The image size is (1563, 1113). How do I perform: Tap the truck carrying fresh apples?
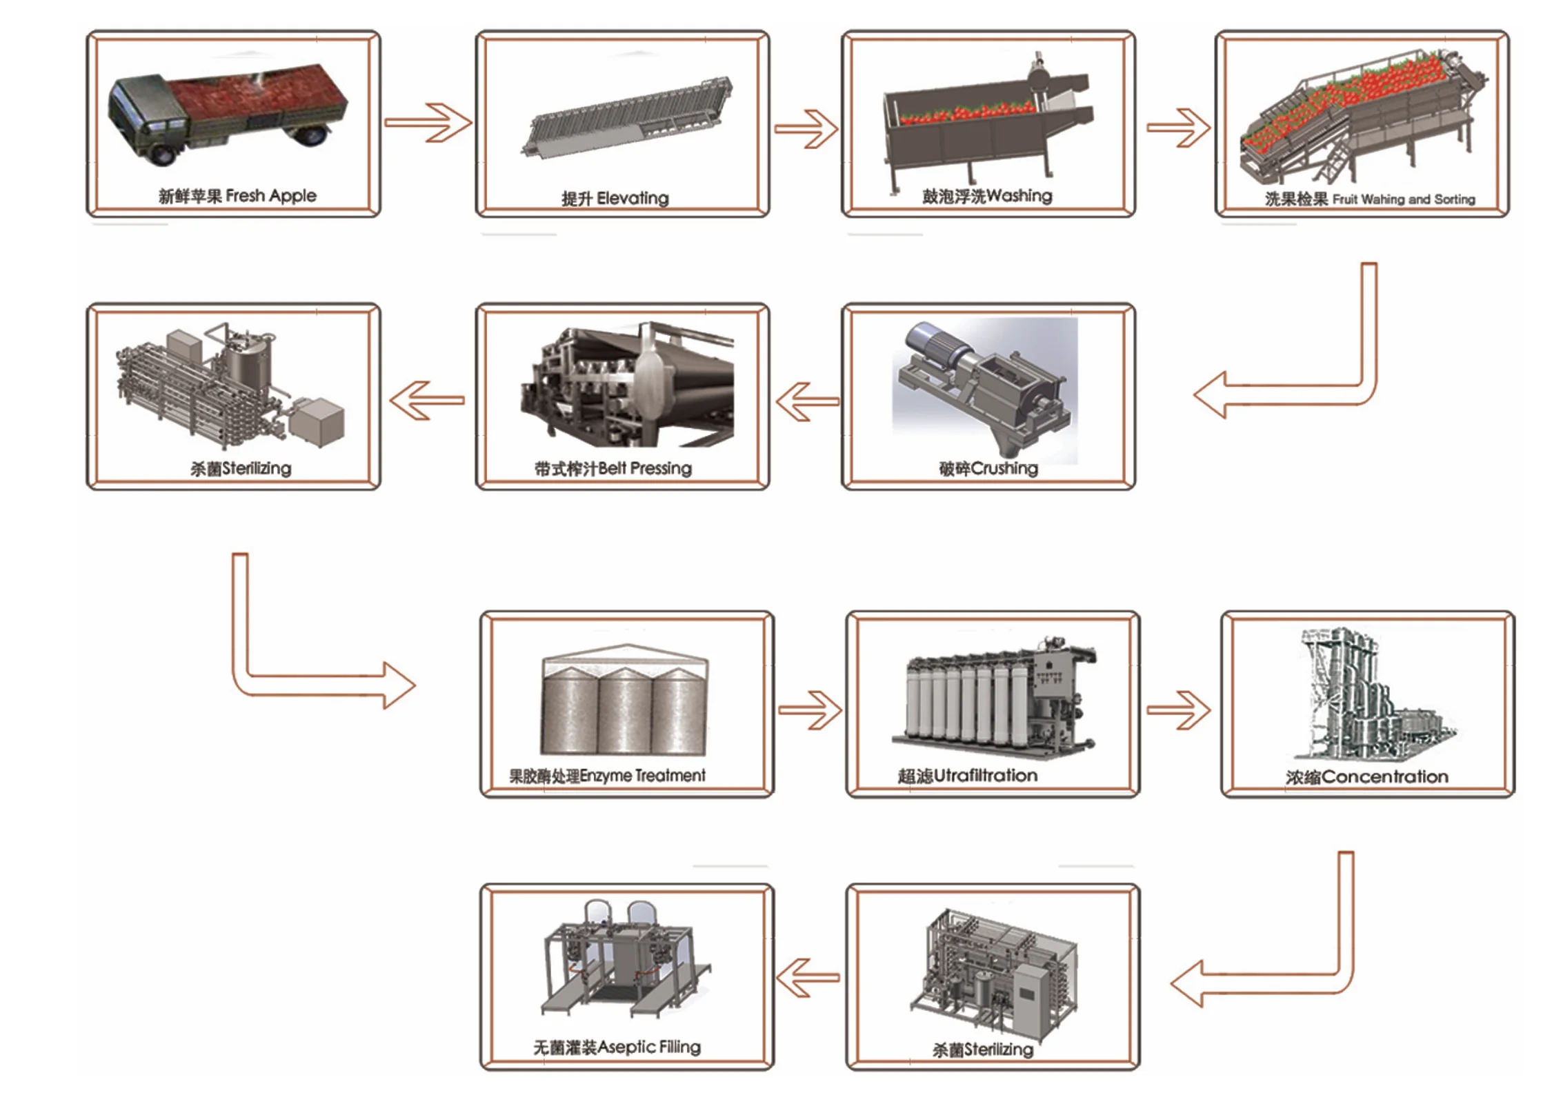pos(228,114)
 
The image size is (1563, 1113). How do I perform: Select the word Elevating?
pos(633,199)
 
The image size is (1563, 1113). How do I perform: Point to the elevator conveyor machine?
pos(626,117)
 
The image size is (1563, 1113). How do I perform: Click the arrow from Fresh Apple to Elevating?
pos(428,123)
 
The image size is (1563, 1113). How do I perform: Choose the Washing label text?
pos(1019,196)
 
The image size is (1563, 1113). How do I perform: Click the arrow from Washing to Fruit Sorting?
pos(1178,128)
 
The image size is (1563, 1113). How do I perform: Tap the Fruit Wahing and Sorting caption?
pos(1404,199)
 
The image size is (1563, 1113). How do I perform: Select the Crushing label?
pos(1004,469)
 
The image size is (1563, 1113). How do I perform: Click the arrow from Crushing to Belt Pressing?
pos(808,401)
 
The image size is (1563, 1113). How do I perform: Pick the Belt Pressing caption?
pos(644,469)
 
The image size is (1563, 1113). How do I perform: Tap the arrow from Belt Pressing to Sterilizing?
pos(427,401)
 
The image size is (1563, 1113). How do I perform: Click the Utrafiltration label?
pos(986,776)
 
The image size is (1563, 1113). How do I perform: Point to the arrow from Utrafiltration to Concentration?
pos(1178,710)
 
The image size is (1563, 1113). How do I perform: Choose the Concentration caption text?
pos(1385,777)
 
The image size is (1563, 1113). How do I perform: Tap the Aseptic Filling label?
pos(649,1047)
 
